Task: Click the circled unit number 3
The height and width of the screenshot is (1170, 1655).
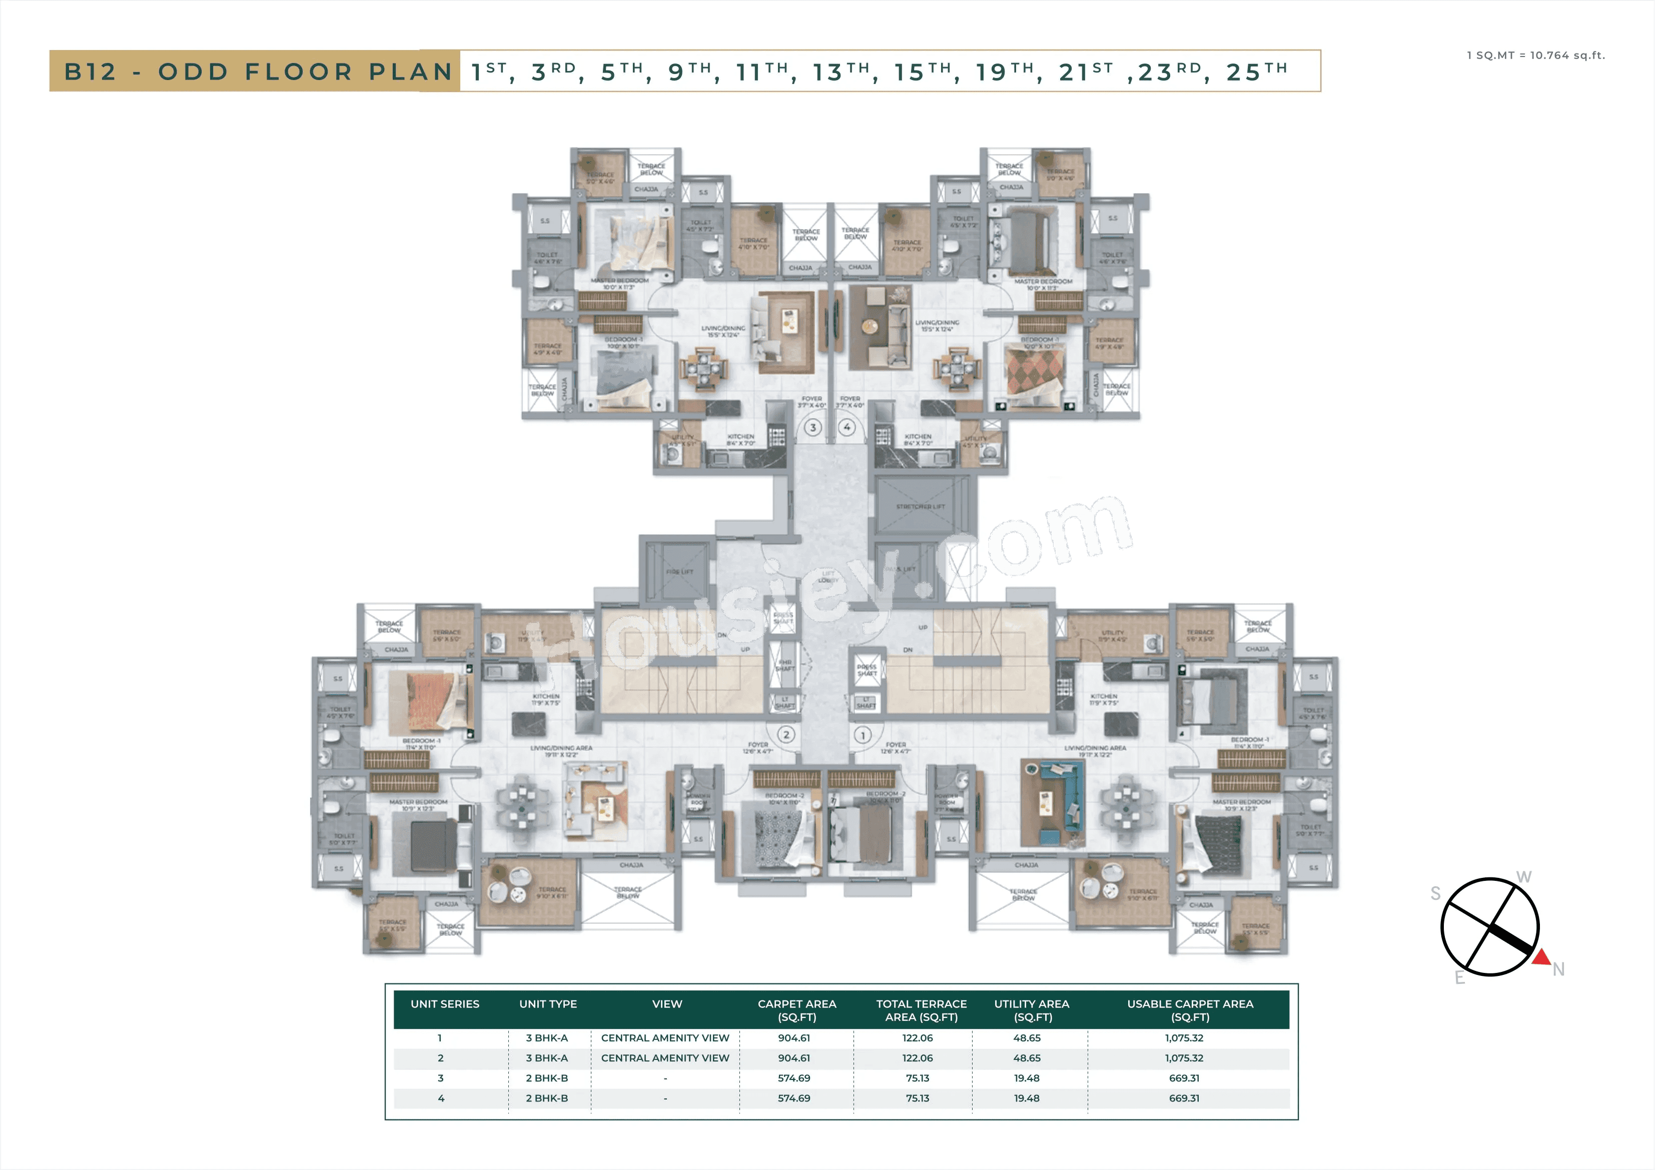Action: point(813,428)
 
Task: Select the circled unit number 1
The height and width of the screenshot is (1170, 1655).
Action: point(862,735)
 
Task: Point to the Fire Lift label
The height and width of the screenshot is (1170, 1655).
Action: point(679,572)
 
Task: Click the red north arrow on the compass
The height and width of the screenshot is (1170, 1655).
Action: point(1541,958)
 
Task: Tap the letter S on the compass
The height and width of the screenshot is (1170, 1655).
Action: point(1435,894)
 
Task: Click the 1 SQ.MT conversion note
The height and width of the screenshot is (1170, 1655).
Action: point(1535,56)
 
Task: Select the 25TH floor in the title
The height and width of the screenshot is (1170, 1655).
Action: point(1256,72)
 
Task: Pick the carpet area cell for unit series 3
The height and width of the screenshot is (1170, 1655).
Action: point(793,1078)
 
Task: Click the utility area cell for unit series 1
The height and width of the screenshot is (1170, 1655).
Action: point(1027,1038)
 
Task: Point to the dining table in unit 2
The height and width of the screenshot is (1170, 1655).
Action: point(521,805)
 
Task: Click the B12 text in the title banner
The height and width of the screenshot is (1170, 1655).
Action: point(90,72)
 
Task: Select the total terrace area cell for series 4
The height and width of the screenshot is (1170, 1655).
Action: point(917,1098)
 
